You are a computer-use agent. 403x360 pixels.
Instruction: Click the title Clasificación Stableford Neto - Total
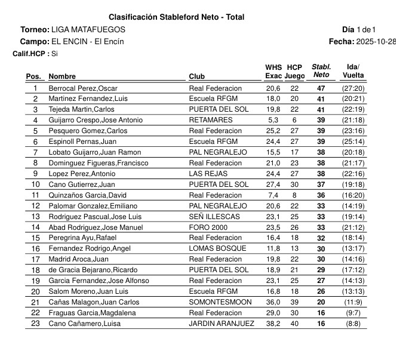pos(176,17)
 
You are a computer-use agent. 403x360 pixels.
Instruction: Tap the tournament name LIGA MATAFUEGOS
pos(88,29)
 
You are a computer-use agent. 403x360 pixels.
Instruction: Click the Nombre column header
pos(62,76)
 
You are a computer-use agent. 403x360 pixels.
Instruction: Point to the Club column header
pos(197,76)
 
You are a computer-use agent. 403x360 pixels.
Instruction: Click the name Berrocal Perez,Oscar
pos(82,88)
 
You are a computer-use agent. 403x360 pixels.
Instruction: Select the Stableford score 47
pos(321,88)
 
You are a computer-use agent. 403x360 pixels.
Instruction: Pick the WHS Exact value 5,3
pos(273,120)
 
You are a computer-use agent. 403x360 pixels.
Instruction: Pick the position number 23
pos(35,324)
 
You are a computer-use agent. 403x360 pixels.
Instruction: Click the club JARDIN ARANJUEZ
pos(222,324)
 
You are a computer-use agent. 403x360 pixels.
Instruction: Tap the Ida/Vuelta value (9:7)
pos(353,313)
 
